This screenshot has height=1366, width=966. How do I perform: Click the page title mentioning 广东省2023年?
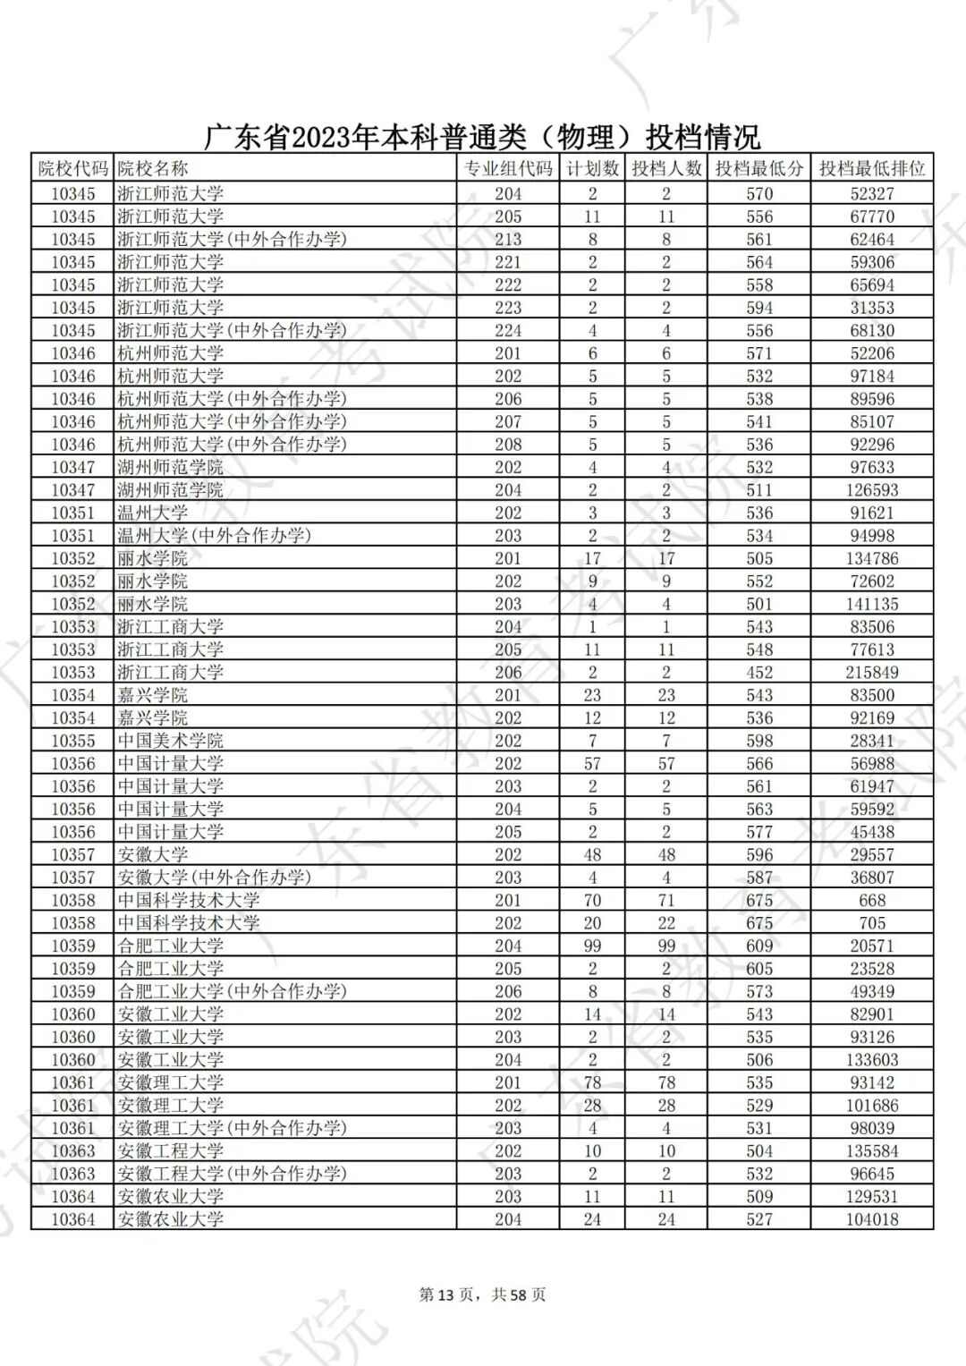[482, 137]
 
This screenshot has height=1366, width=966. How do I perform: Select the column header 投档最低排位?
[871, 168]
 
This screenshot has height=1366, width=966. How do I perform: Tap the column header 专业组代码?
[507, 168]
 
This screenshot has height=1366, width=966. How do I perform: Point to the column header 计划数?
[592, 168]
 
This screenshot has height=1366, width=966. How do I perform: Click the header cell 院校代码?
[72, 168]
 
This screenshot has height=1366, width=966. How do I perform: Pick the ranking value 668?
[871, 900]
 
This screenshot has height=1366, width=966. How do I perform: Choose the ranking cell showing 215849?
[871, 673]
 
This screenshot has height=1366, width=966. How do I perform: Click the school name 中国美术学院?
[170, 741]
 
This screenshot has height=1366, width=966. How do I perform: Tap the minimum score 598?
[758, 741]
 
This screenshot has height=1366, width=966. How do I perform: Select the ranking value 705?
[871, 923]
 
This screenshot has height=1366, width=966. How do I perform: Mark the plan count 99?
[592, 946]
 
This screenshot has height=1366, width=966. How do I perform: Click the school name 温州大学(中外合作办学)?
[214, 536]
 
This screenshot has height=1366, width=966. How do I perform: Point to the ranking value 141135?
[871, 604]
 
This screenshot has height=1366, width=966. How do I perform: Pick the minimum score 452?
[758, 673]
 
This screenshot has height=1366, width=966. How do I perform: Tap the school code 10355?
[72, 741]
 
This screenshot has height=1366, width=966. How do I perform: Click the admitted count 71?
[666, 900]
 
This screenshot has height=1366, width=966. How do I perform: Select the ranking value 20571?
[871, 946]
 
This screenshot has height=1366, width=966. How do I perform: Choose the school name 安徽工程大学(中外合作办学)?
[232, 1174]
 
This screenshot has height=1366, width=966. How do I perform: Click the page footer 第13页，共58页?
[482, 1294]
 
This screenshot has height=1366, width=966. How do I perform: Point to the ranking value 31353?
[871, 308]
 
